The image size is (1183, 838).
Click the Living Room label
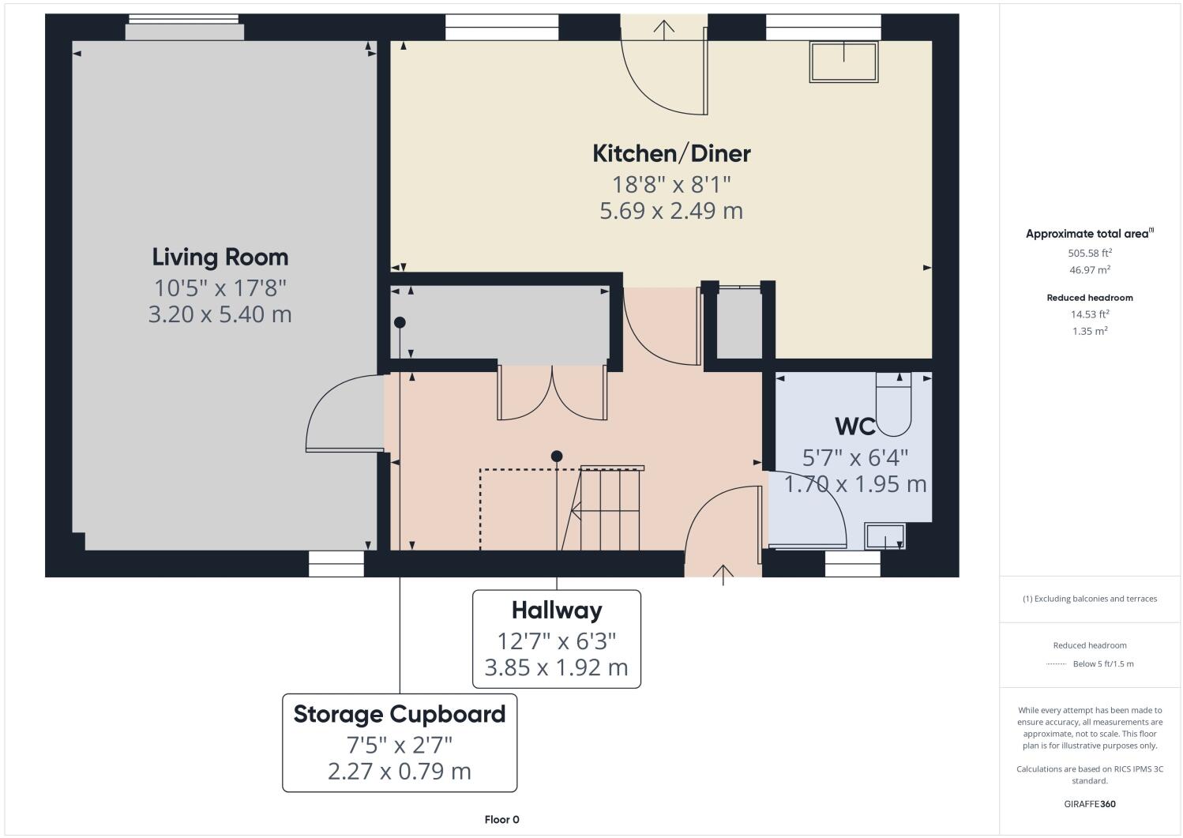coord(220,257)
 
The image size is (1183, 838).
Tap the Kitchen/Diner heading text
coord(671,153)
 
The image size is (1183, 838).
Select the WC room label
coord(854,427)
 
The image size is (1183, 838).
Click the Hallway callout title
coord(556,611)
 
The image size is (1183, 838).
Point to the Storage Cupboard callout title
coord(399,714)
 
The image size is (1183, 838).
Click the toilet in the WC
coord(893,405)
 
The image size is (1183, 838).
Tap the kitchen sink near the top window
coord(843,62)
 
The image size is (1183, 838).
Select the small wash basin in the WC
coord(885,536)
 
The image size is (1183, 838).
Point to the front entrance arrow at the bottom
coord(723,573)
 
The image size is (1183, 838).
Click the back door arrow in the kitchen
coord(664,29)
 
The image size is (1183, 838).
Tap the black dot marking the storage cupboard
coord(400,322)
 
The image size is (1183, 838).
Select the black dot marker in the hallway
coord(557,456)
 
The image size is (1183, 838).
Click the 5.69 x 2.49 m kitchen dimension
coord(671,211)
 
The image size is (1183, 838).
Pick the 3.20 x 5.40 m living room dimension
coord(220,314)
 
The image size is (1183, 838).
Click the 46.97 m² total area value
coord(1089,270)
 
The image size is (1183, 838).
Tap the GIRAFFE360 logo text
coord(1089,805)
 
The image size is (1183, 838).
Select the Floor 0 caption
coord(501,820)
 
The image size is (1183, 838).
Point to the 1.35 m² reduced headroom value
coord(1089,331)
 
